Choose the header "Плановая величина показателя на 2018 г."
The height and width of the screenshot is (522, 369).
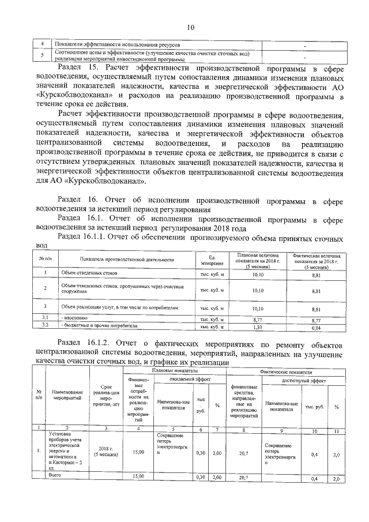click(x=258, y=260)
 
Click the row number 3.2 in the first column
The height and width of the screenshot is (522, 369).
click(x=44, y=326)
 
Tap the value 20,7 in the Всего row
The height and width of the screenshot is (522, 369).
click(x=242, y=478)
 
